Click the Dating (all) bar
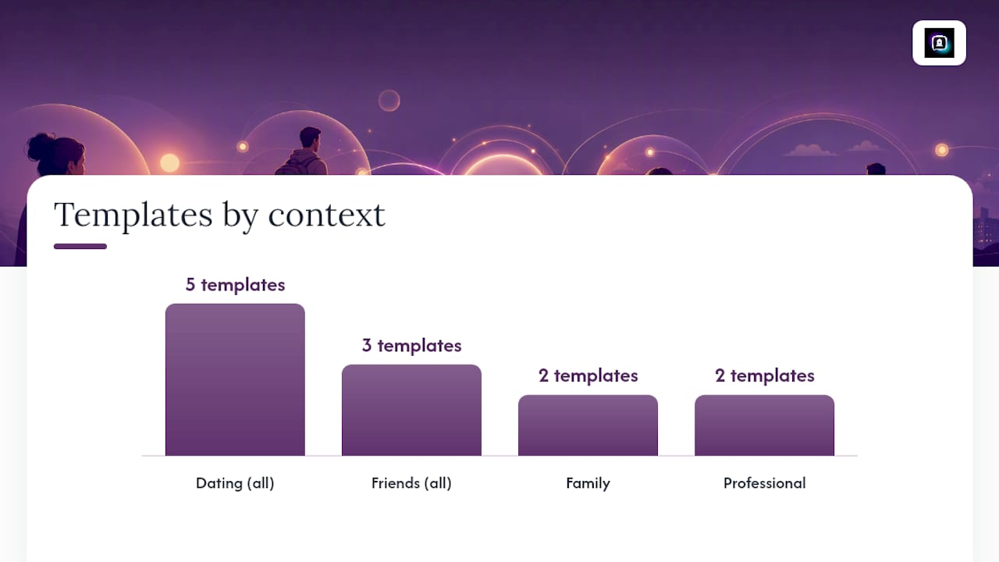point(235,379)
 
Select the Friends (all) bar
point(411,410)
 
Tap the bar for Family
point(588,425)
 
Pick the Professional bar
point(764,425)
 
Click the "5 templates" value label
point(235,285)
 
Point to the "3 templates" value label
point(411,345)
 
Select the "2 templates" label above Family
point(588,375)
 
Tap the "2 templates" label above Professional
point(764,375)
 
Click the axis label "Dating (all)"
point(235,483)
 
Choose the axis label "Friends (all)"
point(411,483)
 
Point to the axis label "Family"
point(588,483)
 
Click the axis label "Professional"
point(764,483)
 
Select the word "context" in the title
point(326,216)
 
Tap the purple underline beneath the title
point(80,246)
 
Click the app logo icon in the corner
point(939,43)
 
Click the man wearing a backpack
point(304,151)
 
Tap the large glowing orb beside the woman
point(169,162)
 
